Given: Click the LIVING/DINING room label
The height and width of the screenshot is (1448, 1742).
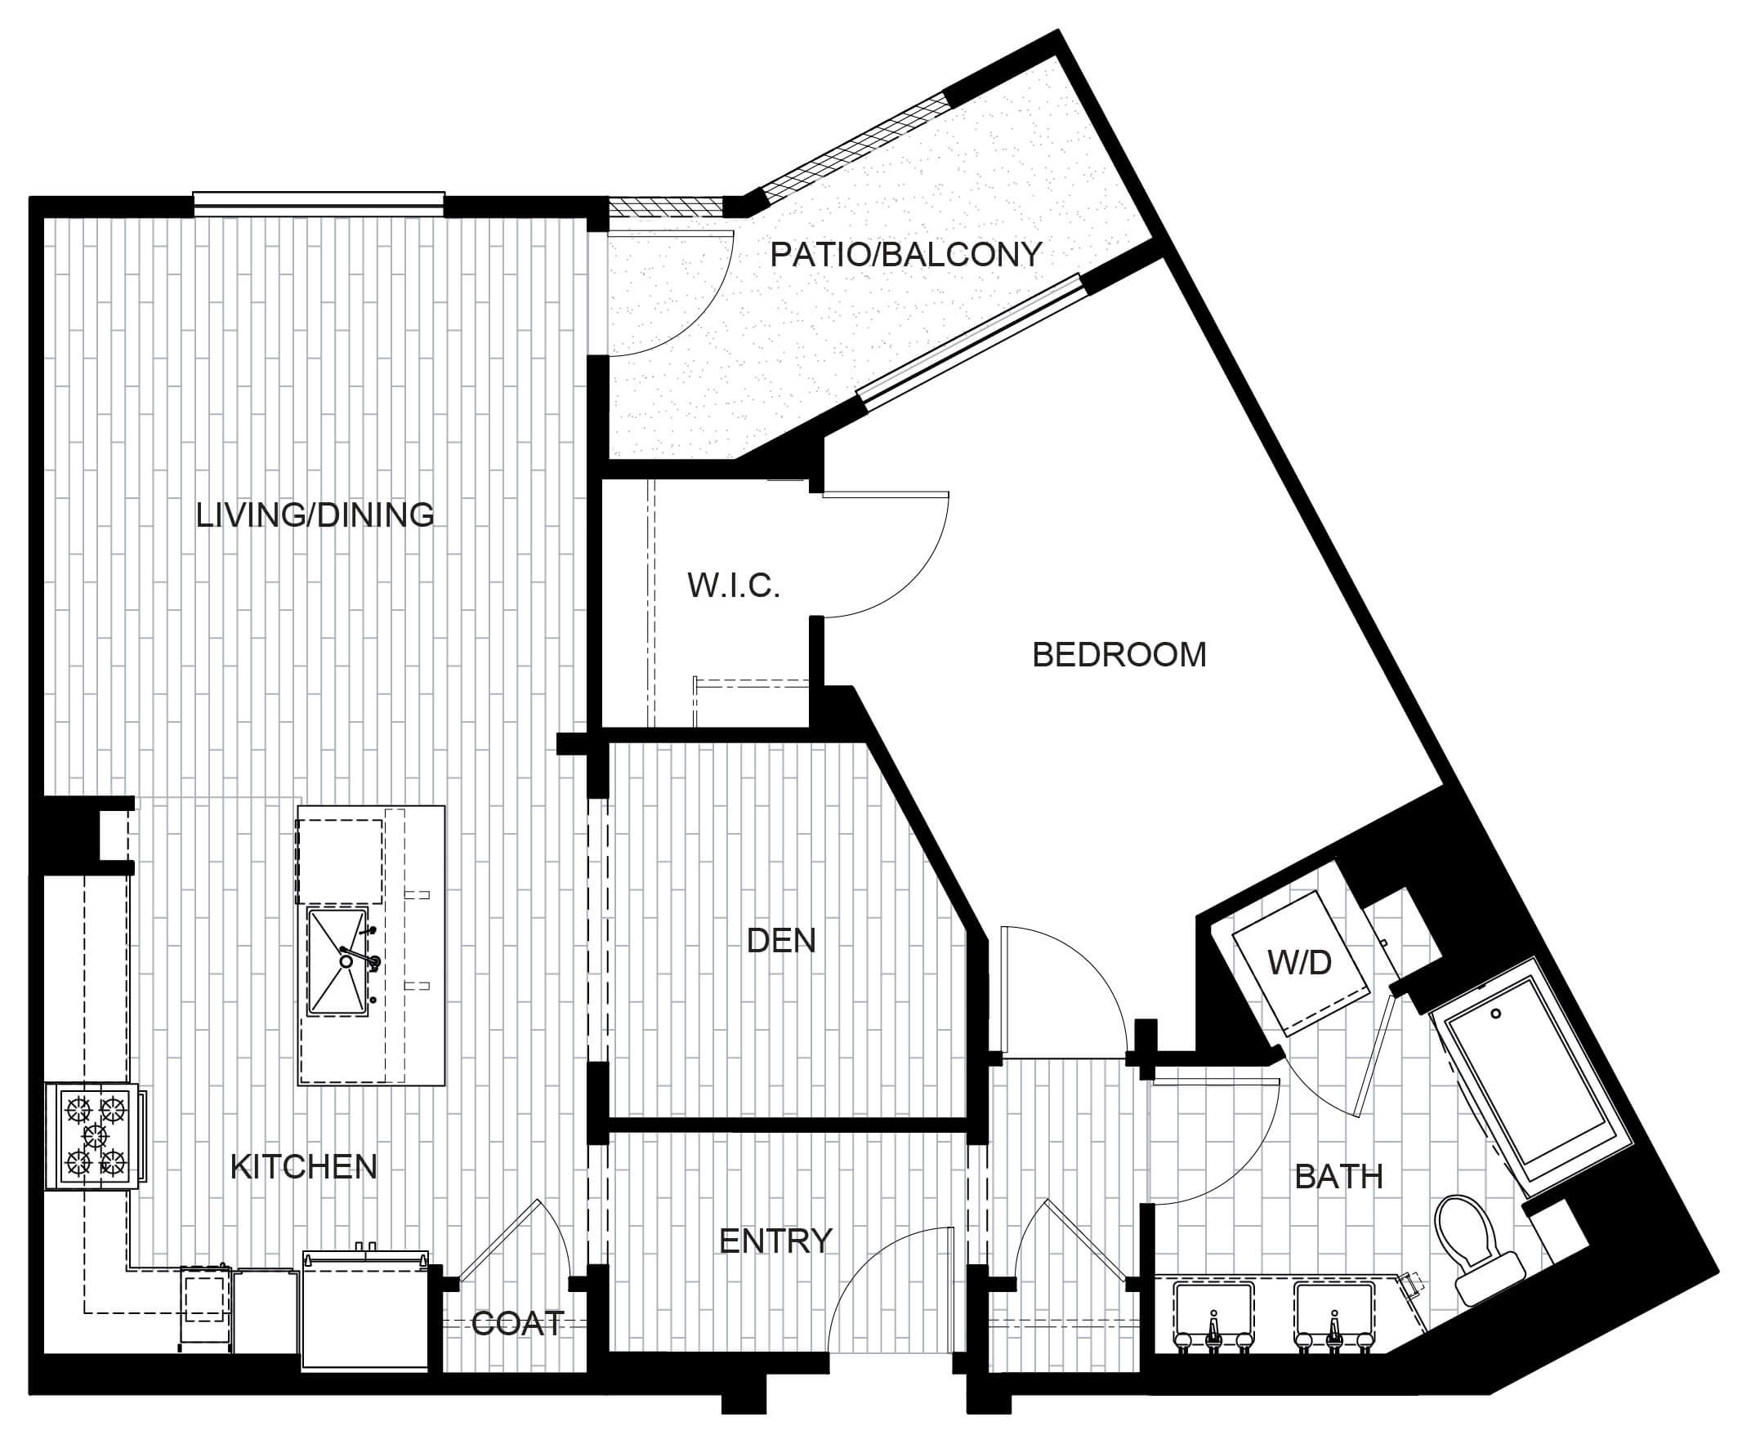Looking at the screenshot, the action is (315, 515).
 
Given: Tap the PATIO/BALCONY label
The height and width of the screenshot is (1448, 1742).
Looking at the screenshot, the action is (906, 254).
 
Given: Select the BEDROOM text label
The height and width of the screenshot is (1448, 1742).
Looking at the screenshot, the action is (1119, 655).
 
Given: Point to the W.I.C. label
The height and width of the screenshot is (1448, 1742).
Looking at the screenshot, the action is (733, 586).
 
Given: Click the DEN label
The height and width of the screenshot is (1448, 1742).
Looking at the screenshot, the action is (781, 941).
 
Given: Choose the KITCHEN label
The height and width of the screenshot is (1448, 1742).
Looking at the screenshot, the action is (304, 1167).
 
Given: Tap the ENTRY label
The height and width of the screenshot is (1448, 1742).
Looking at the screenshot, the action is (775, 1241).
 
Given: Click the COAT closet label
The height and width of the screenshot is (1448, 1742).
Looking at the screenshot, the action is (519, 1323).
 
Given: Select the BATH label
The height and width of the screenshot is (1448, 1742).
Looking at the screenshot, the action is (1339, 1176).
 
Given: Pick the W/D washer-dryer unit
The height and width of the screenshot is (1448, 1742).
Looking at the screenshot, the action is (1299, 963).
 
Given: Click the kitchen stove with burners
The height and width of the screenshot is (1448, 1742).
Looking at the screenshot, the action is (95, 1137).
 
